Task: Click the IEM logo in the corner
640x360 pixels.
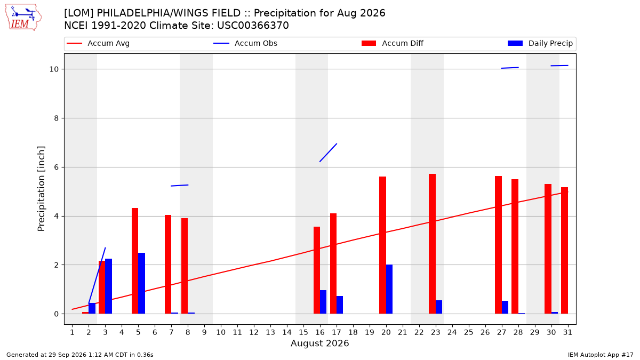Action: [x=23, y=18]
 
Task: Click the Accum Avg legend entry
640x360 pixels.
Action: [x=98, y=43]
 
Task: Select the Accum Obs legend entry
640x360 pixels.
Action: [x=245, y=43]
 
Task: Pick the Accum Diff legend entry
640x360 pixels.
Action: [x=393, y=43]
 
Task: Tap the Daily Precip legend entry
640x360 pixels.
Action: [x=540, y=43]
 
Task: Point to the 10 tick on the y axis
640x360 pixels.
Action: [x=54, y=69]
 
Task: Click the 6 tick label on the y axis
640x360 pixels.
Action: [x=57, y=167]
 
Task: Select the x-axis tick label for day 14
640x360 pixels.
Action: [x=287, y=332]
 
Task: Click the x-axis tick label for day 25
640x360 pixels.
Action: [x=469, y=332]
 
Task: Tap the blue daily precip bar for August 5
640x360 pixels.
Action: [x=142, y=283]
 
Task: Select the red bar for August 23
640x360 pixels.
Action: [x=433, y=244]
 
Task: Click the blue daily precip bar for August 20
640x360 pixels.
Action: [x=389, y=289]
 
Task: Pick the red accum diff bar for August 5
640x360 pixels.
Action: [x=135, y=261]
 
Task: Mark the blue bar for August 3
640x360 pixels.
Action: [x=109, y=286]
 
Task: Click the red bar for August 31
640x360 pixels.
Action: [x=565, y=251]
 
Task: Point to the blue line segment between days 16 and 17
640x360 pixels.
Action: [x=329, y=153]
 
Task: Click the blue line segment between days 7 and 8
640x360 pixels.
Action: [x=179, y=186]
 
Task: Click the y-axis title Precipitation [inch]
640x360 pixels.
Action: [x=41, y=189]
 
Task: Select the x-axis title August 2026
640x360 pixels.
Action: [x=319, y=343]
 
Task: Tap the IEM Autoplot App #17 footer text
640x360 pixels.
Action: [x=601, y=355]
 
